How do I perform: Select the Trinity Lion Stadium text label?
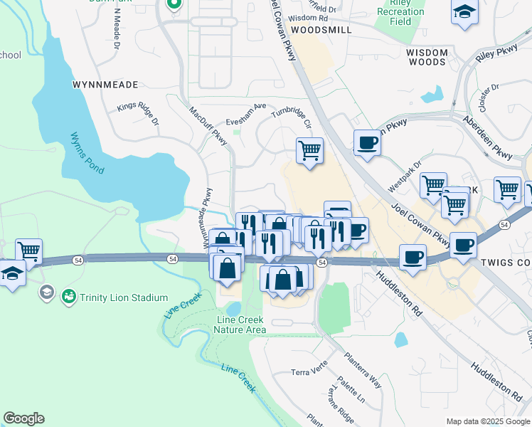coord(124,297)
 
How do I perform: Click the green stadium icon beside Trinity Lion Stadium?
coord(69,295)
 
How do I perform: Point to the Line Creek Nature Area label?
coord(241,325)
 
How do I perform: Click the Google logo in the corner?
coord(23,418)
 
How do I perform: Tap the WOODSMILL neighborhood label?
coord(321,31)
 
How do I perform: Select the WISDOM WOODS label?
coord(427,57)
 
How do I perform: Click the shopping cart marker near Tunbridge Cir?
coord(309,150)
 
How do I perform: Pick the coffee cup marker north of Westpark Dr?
coord(367,142)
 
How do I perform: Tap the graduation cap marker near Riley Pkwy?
coord(464,12)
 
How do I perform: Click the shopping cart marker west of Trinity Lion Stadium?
coord(28,251)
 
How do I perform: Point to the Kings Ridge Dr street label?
coord(139,115)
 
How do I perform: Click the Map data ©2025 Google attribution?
coord(487,421)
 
